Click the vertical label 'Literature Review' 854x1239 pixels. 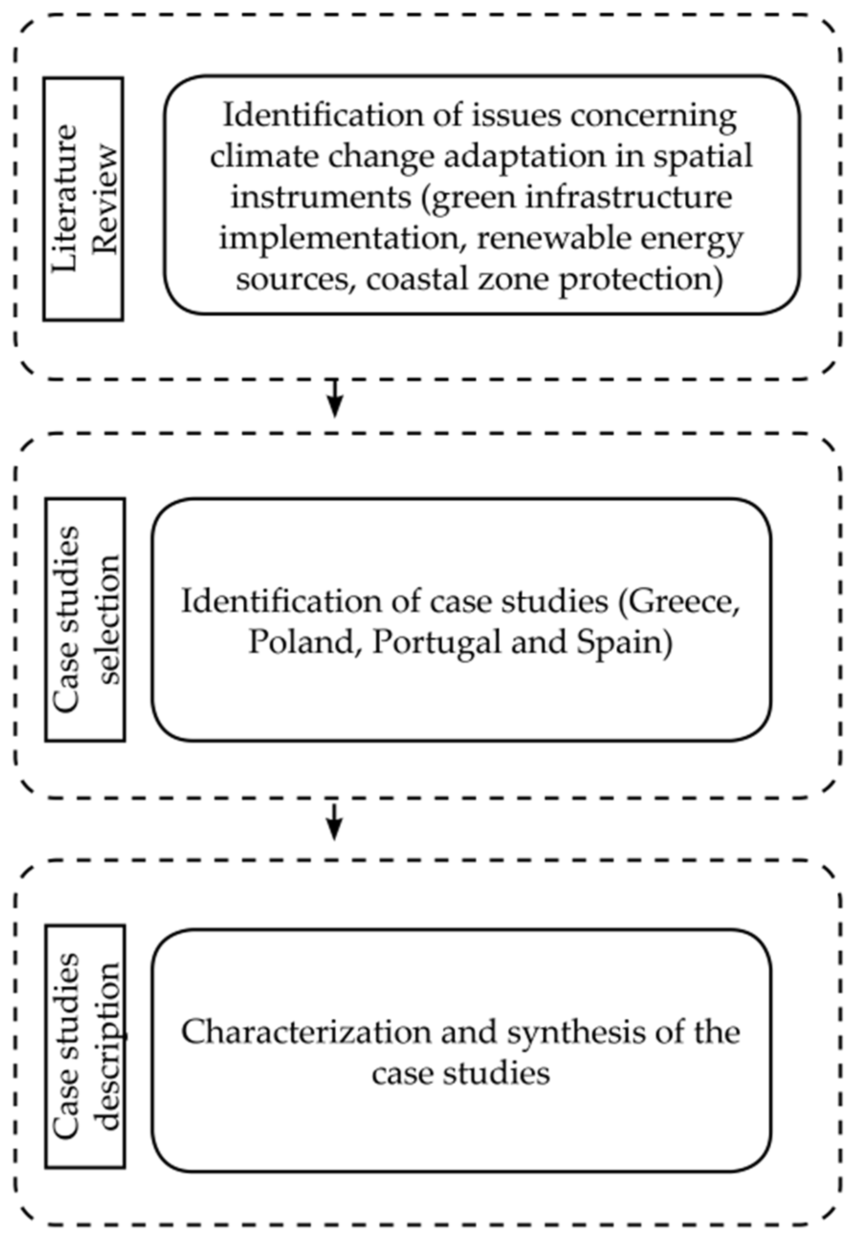coord(84,198)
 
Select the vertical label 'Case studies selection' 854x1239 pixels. coord(85,619)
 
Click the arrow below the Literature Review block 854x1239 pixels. coord(334,398)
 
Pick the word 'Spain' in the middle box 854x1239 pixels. coord(624,642)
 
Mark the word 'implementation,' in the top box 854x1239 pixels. coord(342,238)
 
